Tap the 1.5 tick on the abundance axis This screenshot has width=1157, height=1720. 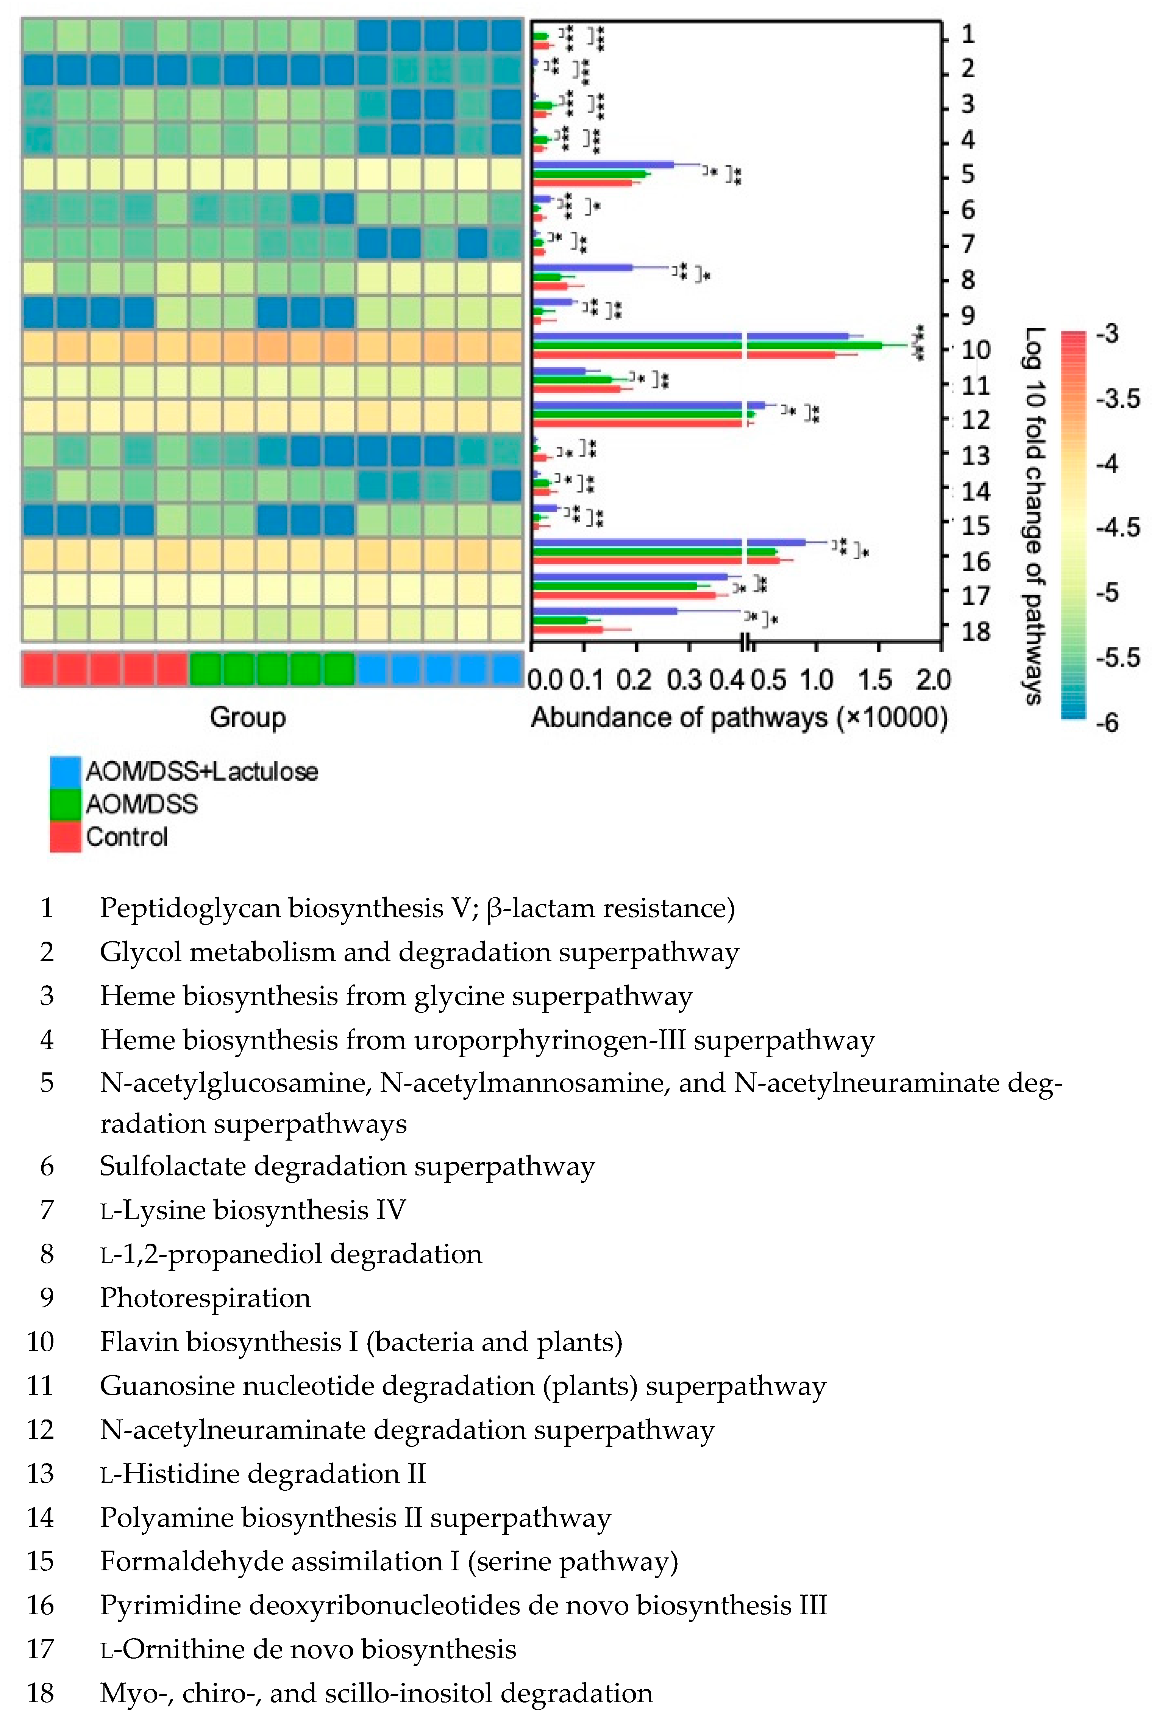(875, 679)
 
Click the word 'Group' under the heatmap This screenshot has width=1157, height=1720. (248, 717)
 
